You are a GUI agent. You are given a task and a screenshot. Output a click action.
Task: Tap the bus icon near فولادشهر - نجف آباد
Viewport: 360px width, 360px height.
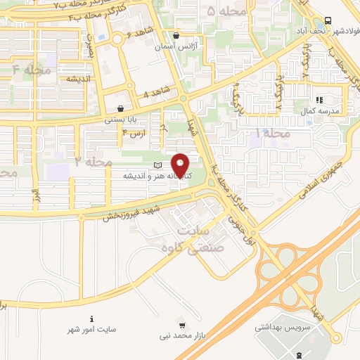pyautogui.click(x=328, y=21)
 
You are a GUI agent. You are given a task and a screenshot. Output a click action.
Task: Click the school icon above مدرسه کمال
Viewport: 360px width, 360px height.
pyautogui.click(x=318, y=100)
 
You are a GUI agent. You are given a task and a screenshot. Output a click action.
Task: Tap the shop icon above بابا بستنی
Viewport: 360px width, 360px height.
pyautogui.click(x=122, y=109)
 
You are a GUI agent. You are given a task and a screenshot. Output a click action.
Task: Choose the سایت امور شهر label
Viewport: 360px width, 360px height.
pyautogui.click(x=91, y=329)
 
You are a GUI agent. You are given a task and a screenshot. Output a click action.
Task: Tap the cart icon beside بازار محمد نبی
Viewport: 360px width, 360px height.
pyautogui.click(x=182, y=326)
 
